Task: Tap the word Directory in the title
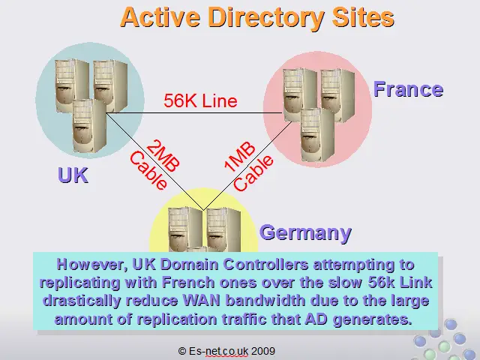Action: pos(265,18)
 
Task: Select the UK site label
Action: pos(73,175)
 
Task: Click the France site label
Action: pos(408,89)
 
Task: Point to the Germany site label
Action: pos(305,233)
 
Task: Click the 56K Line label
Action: pos(200,100)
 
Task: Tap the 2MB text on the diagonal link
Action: pos(163,156)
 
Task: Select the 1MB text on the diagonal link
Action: pos(240,157)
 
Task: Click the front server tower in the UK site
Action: pos(89,126)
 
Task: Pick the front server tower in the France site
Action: pos(317,135)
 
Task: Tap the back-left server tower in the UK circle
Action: pos(72,85)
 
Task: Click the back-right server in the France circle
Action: pos(338,95)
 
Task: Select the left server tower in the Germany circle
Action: pos(185,229)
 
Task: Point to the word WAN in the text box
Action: pos(202,300)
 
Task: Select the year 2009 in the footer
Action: pos(263,351)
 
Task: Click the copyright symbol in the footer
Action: pos(182,351)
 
